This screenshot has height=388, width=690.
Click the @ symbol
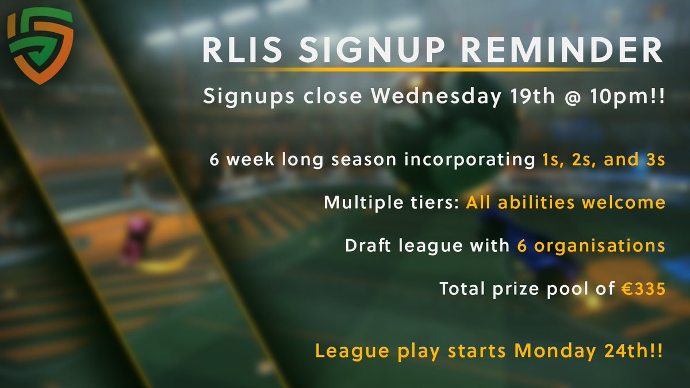click(563, 96)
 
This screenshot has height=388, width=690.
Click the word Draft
click(370, 245)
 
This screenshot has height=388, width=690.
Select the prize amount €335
click(643, 289)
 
